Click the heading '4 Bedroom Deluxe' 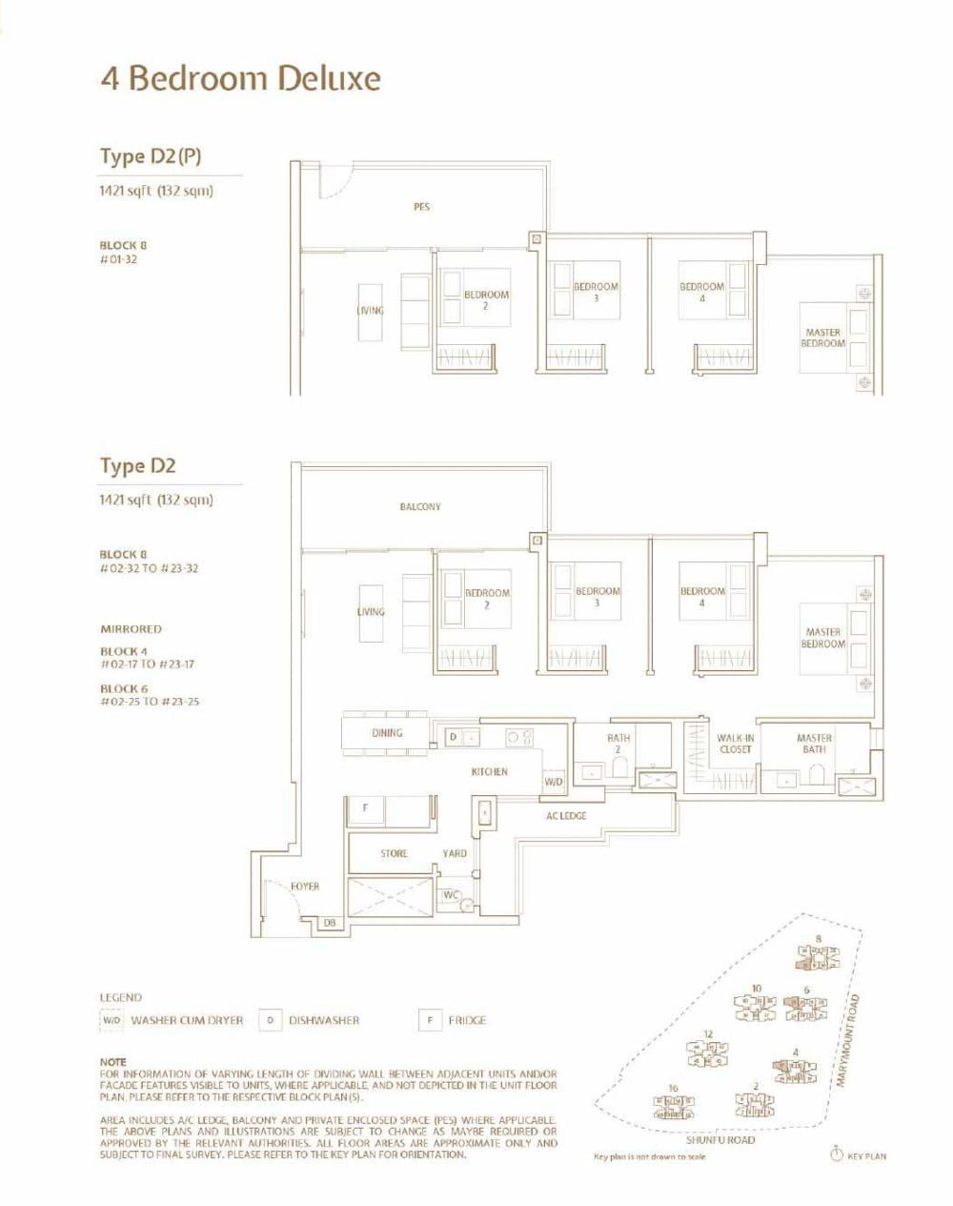coord(240,78)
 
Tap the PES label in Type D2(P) coord(421,206)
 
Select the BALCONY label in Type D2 coord(420,507)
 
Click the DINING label coord(387,733)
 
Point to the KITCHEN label coord(490,771)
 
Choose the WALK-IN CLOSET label coord(735,744)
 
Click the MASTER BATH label coord(814,744)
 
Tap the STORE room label coord(394,853)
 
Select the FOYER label coord(305,887)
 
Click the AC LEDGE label coord(566,816)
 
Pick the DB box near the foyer coord(330,922)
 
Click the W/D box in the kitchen coord(554,782)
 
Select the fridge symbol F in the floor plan coord(364,808)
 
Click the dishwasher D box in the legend coord(271,1020)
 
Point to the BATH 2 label coord(618,744)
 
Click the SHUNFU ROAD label coord(720,1139)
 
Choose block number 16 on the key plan coord(673,1088)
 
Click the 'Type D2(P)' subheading coord(151,156)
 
